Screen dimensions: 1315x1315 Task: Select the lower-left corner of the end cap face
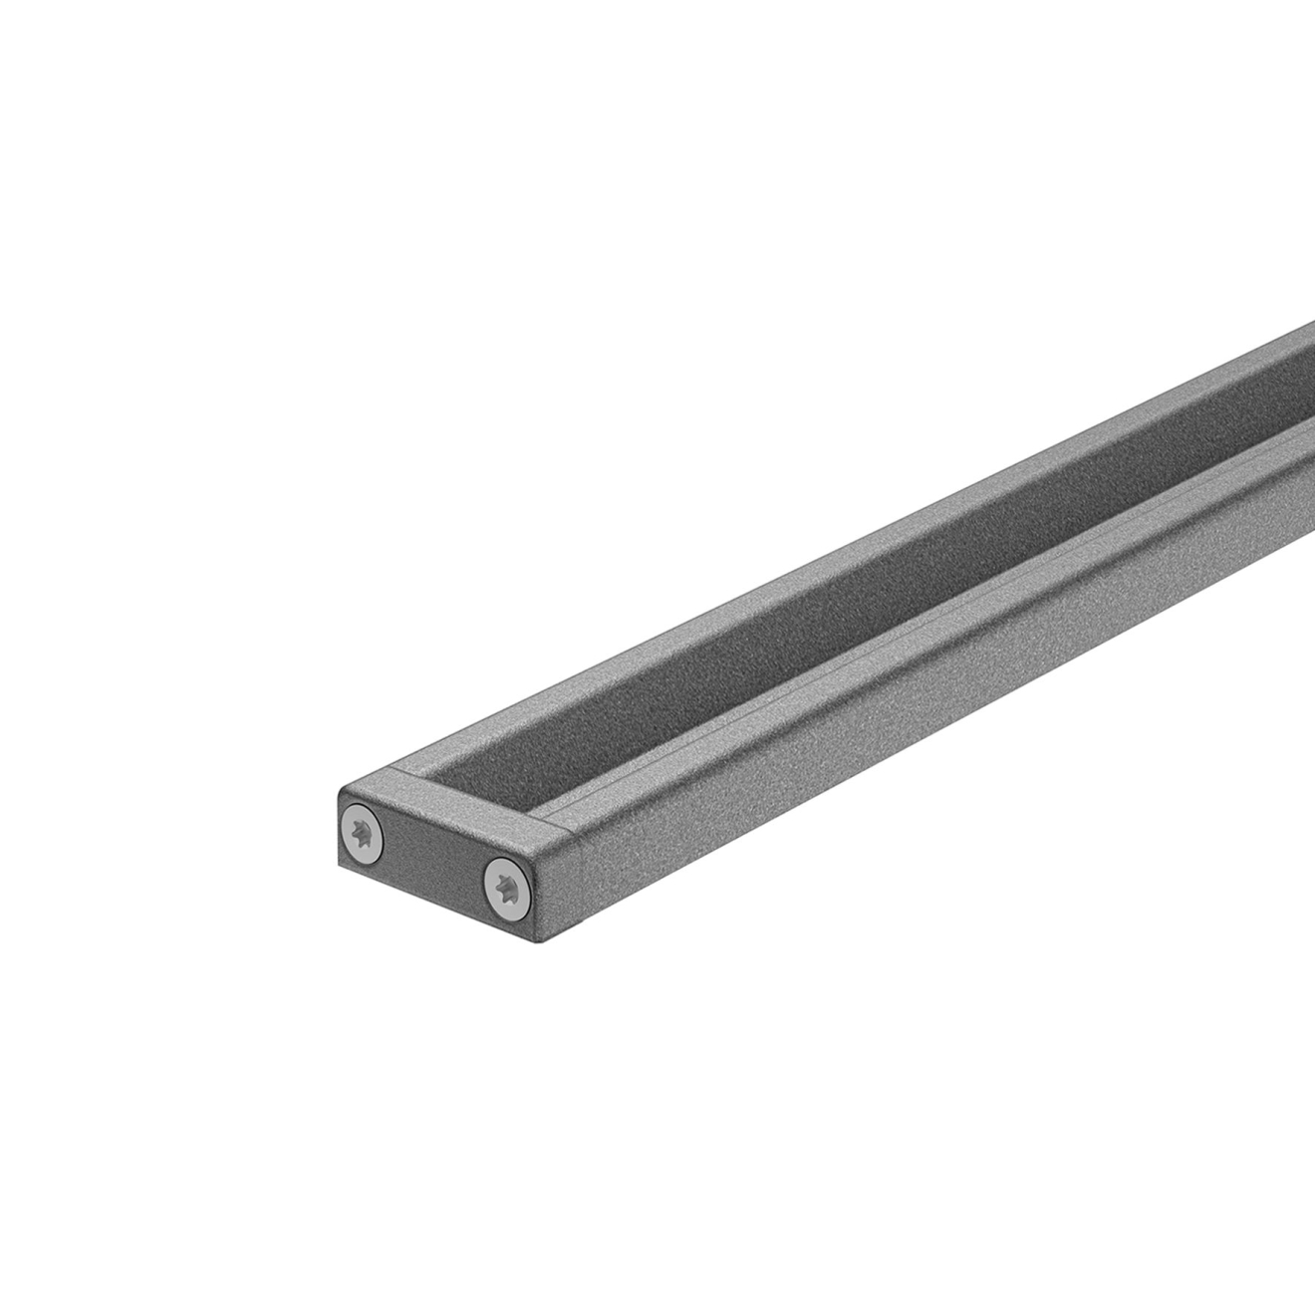[342, 865]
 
